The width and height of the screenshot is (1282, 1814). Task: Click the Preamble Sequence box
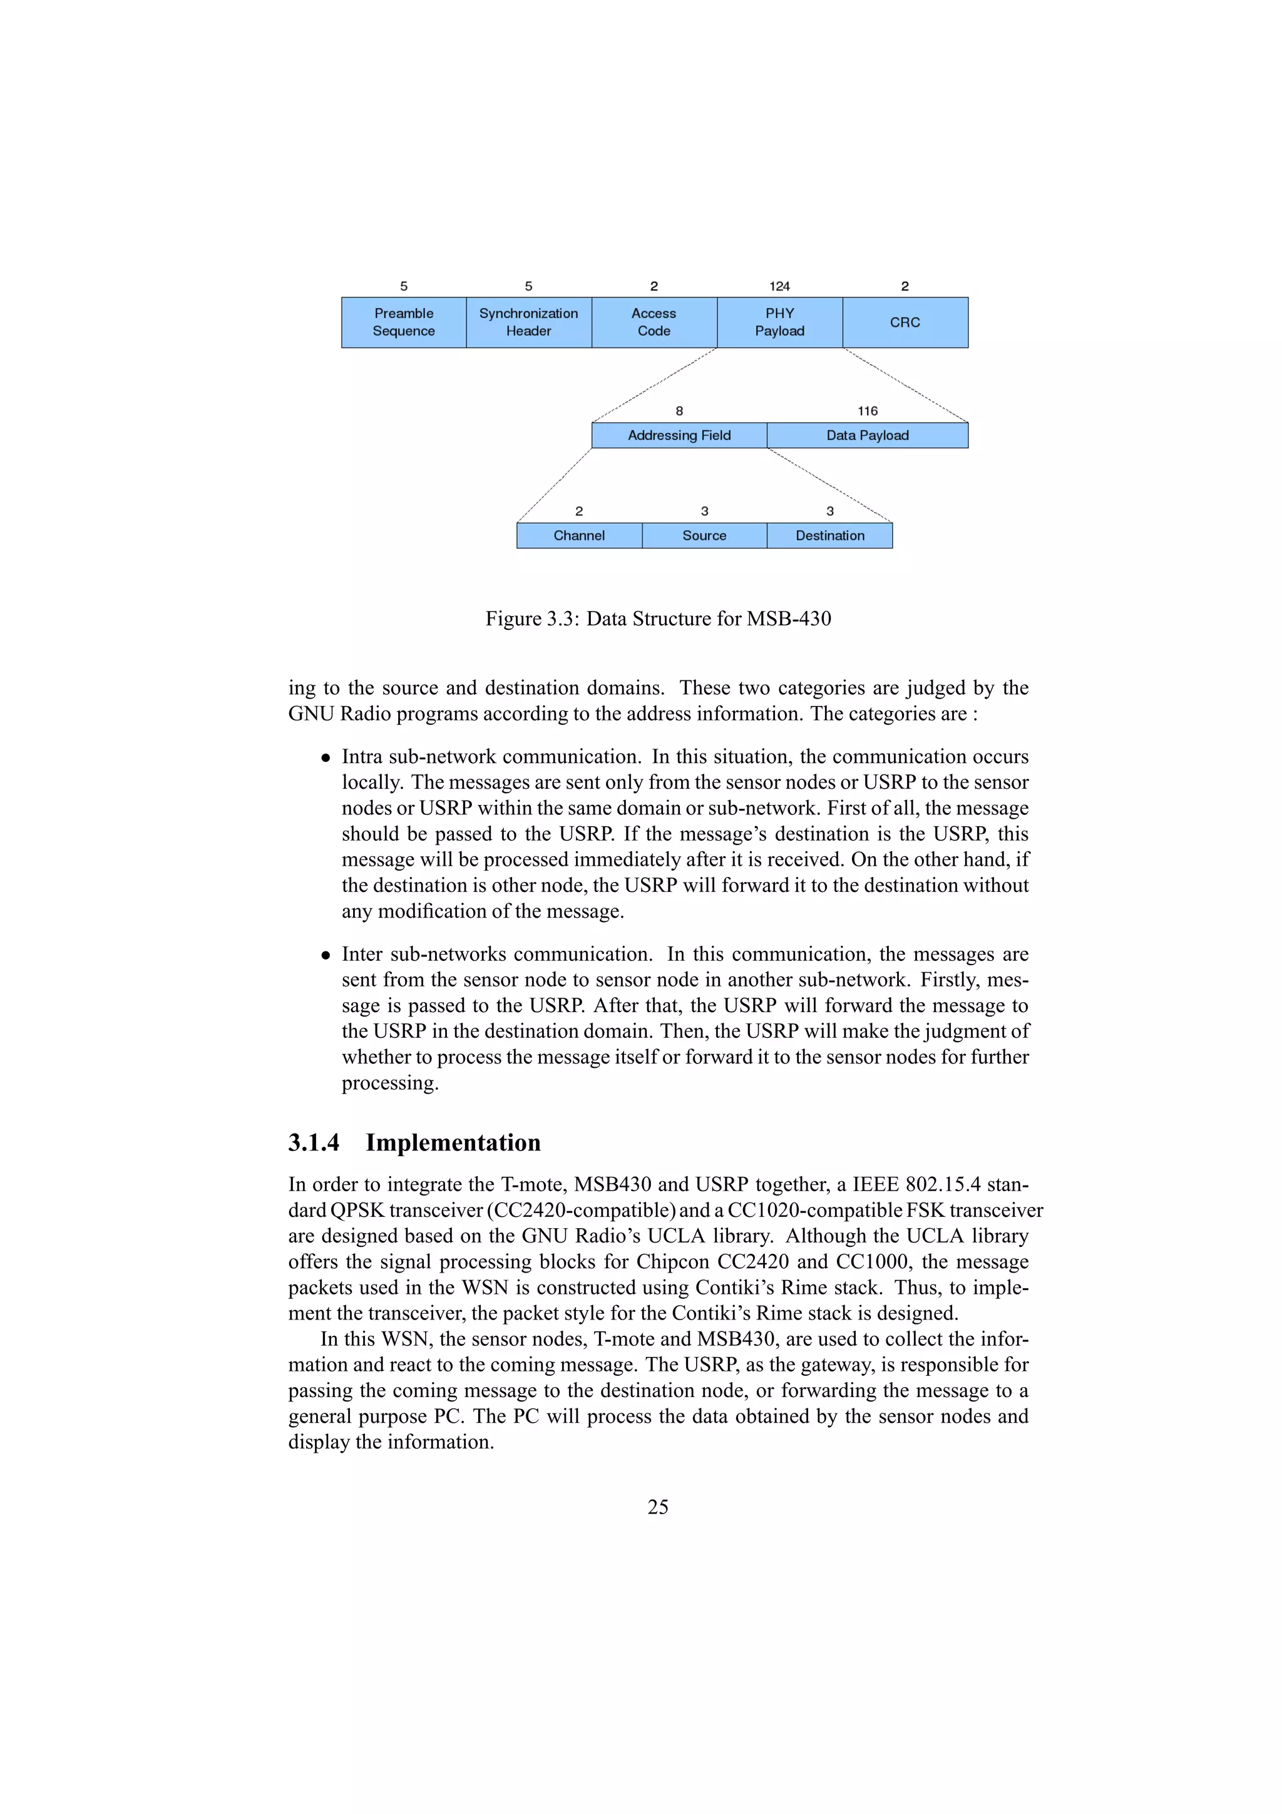coord(404,322)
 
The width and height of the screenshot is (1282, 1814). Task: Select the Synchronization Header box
coord(528,322)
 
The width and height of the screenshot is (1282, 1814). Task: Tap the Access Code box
coord(654,322)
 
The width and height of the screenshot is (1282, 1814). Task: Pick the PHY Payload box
coord(779,322)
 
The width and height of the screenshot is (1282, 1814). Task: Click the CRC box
coord(905,322)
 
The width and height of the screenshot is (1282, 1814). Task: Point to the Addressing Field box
coord(679,435)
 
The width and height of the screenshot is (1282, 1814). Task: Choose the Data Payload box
coord(868,435)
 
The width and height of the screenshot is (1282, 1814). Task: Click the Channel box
coord(579,536)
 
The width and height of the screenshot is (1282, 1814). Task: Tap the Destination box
coord(829,536)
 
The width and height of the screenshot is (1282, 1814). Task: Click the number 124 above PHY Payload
coord(779,286)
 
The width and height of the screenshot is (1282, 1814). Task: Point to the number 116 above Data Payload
coord(868,411)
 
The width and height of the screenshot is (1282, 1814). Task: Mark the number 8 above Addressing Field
coord(679,411)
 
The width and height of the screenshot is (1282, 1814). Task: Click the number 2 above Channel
coord(579,511)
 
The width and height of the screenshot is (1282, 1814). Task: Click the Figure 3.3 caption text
coord(658,618)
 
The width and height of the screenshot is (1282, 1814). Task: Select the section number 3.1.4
coord(314,1142)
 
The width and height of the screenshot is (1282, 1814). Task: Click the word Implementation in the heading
coord(453,1142)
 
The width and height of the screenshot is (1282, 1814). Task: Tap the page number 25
coord(658,1507)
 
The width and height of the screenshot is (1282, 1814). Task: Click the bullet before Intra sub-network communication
coord(326,757)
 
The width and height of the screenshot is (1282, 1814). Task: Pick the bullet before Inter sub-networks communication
coord(326,955)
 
